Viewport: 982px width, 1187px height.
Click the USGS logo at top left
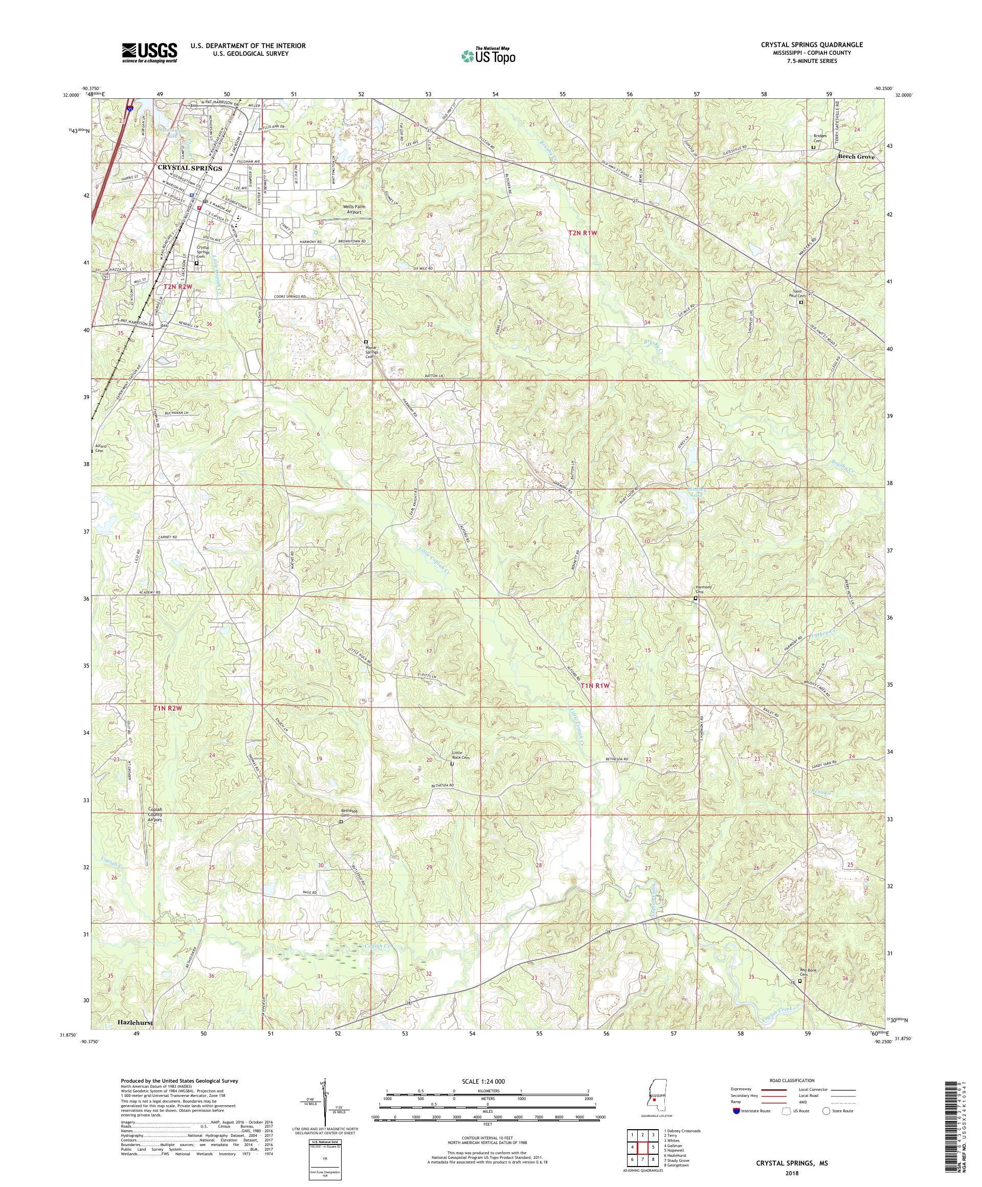pos(149,53)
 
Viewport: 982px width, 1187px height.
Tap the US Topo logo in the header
pos(489,55)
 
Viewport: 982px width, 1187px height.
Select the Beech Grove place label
pos(856,157)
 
